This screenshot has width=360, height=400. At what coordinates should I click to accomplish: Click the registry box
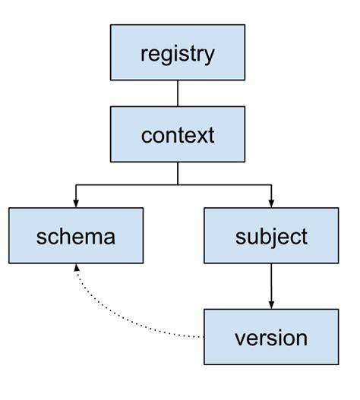coord(178,52)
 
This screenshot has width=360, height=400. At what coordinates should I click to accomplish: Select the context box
coord(178,134)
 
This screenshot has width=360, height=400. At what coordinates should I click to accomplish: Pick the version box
coord(271,337)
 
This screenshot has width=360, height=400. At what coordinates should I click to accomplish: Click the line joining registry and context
coord(178,93)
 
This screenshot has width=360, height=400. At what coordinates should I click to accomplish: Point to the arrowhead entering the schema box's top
coord(76,203)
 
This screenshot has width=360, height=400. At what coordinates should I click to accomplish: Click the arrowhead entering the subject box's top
coord(271,203)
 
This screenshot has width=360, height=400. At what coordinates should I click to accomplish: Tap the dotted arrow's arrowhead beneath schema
coord(76,269)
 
